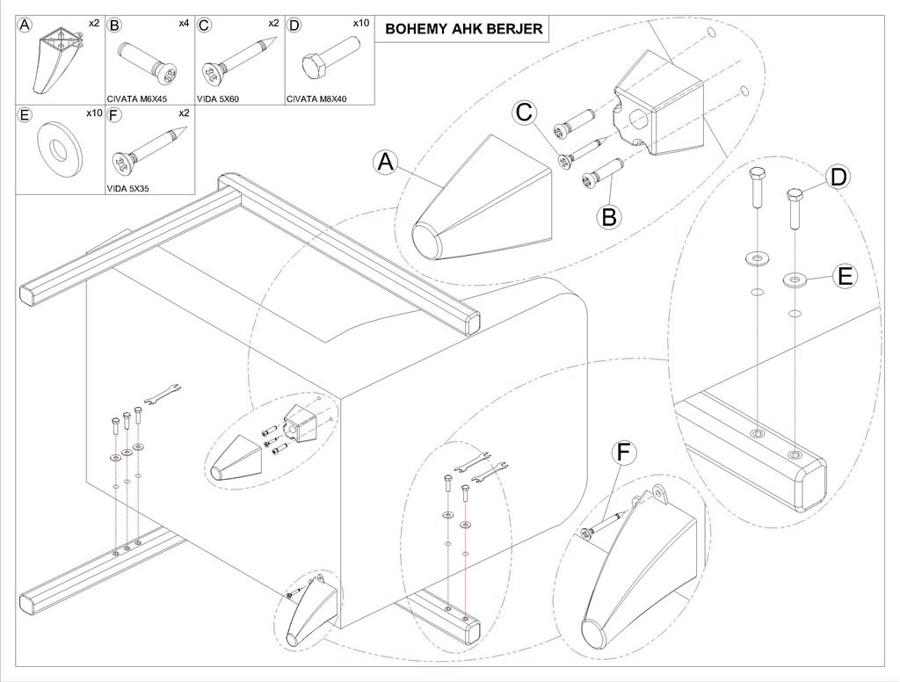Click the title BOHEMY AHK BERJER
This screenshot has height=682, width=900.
click(x=463, y=29)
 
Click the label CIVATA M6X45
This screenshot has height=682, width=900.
click(x=136, y=98)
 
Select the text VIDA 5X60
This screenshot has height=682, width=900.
click(x=218, y=98)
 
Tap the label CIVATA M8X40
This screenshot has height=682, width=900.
click(x=316, y=98)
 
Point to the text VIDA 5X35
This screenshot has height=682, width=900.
click(x=128, y=188)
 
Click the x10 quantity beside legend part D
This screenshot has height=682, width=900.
click(x=361, y=23)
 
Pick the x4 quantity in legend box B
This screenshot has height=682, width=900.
click(x=184, y=23)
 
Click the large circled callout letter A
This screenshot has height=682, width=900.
click(x=386, y=163)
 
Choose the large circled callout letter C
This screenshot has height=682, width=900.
click(x=525, y=112)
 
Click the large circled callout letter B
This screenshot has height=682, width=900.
click(x=610, y=217)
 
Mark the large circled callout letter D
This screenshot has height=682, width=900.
click(x=838, y=177)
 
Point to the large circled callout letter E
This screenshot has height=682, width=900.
click(x=845, y=276)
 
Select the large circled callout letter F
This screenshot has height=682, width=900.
click(x=625, y=453)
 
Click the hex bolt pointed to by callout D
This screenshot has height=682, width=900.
click(x=795, y=209)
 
